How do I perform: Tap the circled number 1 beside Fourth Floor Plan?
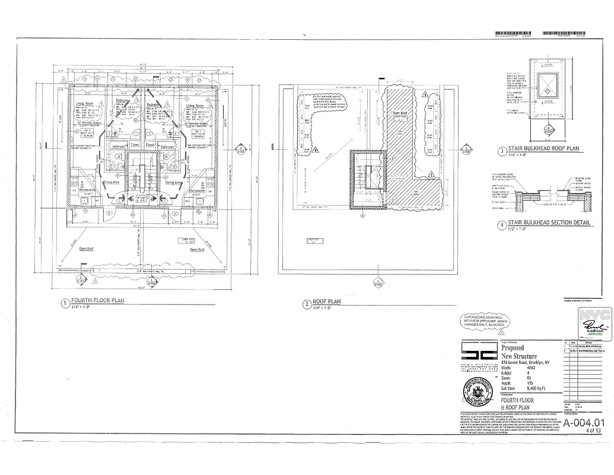coord(65,303)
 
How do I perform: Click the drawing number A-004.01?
coord(584,423)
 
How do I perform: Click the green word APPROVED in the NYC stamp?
coord(594,334)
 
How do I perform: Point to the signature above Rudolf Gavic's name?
coord(594,325)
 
